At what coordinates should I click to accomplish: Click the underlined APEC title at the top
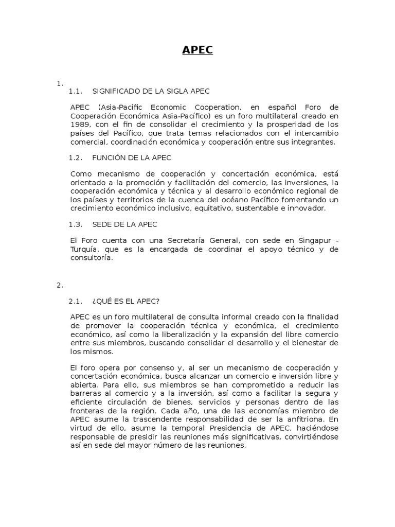(197, 50)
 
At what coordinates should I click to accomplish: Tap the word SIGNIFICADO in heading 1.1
(114, 91)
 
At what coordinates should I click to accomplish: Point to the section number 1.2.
(76, 157)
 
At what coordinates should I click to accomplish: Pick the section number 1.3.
(76, 224)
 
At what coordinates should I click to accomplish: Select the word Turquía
(85, 250)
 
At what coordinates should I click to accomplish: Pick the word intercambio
(315, 133)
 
